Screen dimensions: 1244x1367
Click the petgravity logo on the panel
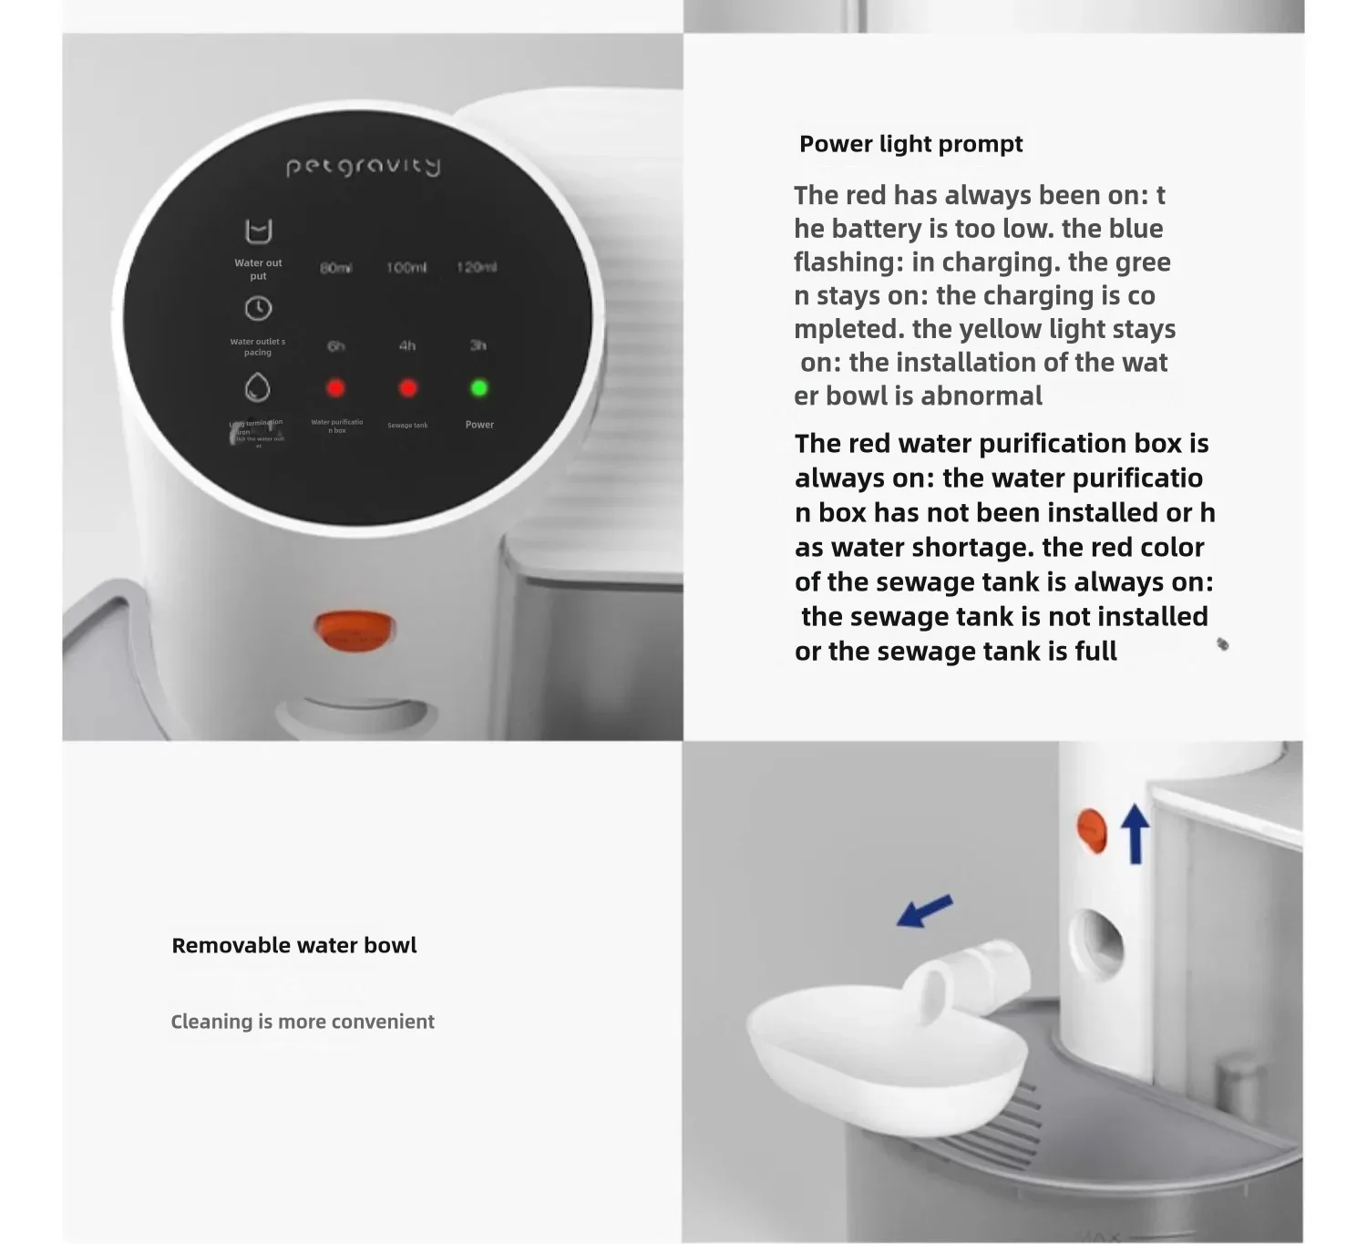[x=363, y=166]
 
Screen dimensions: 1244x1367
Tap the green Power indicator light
[x=478, y=388]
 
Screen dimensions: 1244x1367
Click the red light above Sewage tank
[x=407, y=388]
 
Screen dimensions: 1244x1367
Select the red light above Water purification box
[x=335, y=388]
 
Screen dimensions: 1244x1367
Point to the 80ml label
[x=335, y=268]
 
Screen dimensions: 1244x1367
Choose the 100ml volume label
[x=406, y=268]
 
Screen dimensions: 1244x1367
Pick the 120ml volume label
[x=477, y=267]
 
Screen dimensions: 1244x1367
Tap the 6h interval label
[x=335, y=346]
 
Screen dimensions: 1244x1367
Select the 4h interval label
[x=406, y=346]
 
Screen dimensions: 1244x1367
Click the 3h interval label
[x=478, y=345]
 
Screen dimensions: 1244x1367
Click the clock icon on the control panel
[x=258, y=309]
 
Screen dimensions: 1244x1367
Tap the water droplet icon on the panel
[x=258, y=387]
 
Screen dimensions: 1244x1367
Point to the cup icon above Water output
[x=259, y=231]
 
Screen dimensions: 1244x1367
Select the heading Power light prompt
[x=910, y=144]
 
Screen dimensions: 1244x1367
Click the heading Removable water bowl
[x=293, y=945]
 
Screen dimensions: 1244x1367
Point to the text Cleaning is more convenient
[x=303, y=1022]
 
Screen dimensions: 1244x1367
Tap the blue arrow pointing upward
[x=1135, y=833]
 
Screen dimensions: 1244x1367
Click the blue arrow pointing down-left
[x=925, y=910]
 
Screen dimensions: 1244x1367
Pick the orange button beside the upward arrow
[x=1092, y=830]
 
